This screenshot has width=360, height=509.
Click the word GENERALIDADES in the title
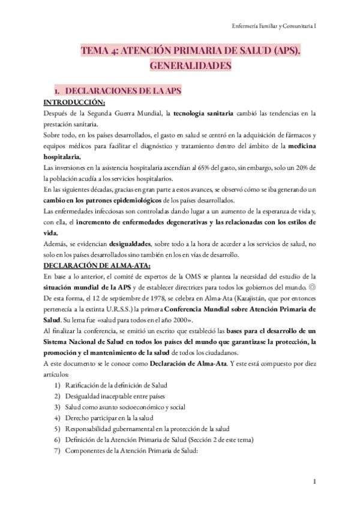tap(179, 65)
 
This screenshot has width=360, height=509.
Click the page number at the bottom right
tap(315, 482)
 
